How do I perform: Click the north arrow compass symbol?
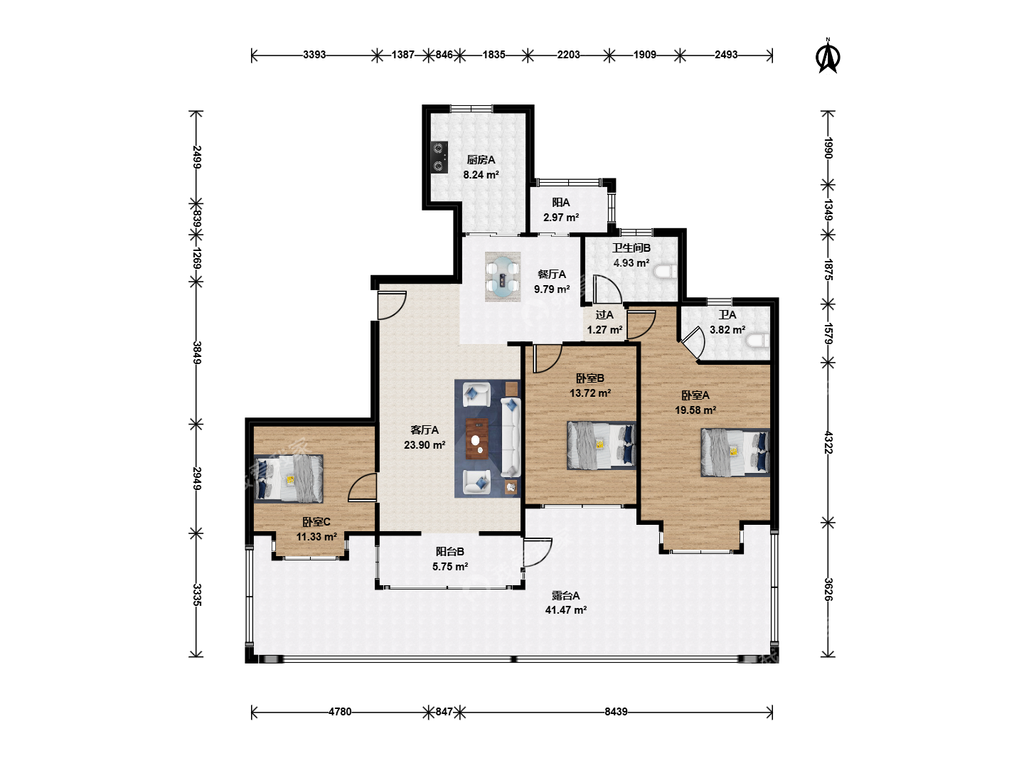pos(828,57)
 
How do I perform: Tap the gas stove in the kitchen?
pos(439,157)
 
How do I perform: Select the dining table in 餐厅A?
pos(503,277)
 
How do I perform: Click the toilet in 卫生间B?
pos(665,272)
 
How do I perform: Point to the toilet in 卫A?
pos(757,341)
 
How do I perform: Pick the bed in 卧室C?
pos(289,479)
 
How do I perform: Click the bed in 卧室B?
pos(602,445)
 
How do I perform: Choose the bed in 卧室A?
pos(735,452)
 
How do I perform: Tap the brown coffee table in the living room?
pos(477,439)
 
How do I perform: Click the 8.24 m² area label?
pos(481,175)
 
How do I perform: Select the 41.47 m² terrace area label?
pos(566,610)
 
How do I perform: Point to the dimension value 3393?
pos(314,55)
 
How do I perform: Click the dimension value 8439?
pos(616,712)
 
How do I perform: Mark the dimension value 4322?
pos(828,442)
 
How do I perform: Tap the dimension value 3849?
pos(197,353)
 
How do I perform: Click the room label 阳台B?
pos(449,552)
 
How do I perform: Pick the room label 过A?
pos(604,315)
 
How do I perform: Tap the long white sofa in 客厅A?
pos(511,437)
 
